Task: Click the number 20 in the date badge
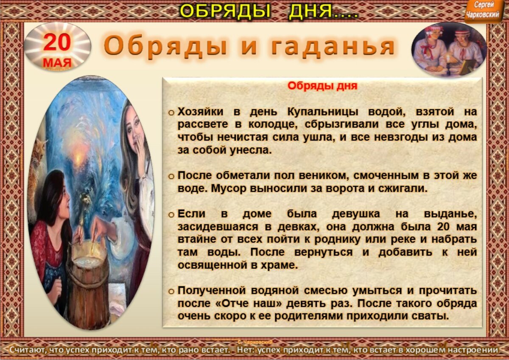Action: click(57, 42)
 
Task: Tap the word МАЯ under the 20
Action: click(57, 63)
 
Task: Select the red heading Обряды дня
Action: click(322, 86)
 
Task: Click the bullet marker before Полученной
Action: click(171, 292)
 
